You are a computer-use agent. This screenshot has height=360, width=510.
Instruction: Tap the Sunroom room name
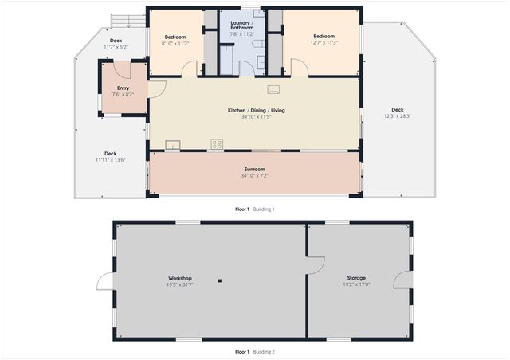tap(254, 169)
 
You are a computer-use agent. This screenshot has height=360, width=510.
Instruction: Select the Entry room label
tap(123, 88)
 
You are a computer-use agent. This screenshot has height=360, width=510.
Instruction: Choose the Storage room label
tap(356, 278)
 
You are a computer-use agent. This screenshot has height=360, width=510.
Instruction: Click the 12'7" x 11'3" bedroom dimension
tap(324, 43)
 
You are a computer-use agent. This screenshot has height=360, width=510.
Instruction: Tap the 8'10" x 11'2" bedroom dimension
tap(175, 43)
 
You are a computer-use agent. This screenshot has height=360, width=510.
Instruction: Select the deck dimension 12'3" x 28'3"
tap(397, 116)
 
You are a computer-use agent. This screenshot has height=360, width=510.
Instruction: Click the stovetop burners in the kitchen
tap(217, 144)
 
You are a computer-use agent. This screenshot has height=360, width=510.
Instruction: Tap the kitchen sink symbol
tap(172, 145)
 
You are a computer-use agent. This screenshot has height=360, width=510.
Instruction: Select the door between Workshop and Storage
tap(315, 265)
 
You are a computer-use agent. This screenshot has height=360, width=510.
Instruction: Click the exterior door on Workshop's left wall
tap(104, 282)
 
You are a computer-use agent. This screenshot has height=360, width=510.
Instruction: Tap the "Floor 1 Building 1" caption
tap(254, 209)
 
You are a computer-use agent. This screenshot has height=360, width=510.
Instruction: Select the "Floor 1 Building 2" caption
tap(254, 351)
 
